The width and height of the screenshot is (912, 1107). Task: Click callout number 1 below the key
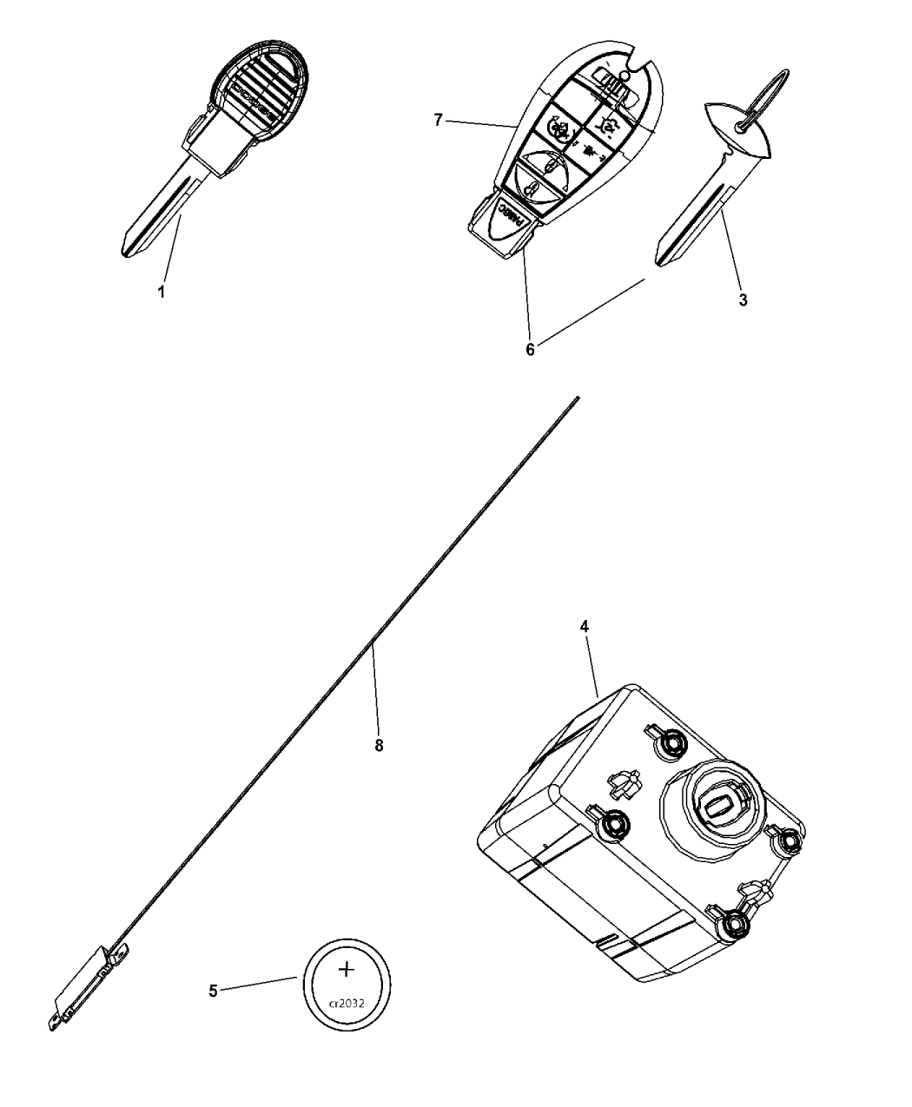click(161, 293)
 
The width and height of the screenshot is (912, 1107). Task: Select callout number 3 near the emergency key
click(742, 301)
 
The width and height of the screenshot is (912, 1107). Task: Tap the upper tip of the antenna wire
click(576, 399)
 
